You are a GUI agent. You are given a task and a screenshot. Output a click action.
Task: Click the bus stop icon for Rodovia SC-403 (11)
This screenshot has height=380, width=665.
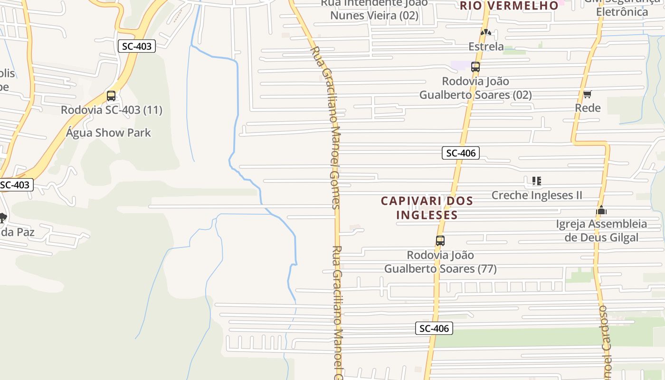111,96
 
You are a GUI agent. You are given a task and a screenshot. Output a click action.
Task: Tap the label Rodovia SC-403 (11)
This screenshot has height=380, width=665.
112,110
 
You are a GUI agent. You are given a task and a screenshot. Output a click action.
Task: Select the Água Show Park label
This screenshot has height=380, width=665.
108,133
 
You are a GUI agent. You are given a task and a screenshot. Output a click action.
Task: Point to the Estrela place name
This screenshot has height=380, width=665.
486,47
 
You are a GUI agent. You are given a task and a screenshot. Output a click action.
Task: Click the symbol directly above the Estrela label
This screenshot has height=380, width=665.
485,32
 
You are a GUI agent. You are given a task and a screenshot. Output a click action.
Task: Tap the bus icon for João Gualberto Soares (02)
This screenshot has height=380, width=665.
475,67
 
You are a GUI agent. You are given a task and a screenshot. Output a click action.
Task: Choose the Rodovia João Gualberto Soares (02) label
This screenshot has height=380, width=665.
475,88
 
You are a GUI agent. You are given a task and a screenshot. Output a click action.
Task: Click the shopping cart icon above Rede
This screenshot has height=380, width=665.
588,94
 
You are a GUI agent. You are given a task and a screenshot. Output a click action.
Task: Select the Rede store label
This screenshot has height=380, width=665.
588,108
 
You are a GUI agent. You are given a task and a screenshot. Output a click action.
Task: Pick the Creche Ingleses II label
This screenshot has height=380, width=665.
537,195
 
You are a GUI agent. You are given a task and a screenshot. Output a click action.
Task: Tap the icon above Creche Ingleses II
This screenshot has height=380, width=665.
537,181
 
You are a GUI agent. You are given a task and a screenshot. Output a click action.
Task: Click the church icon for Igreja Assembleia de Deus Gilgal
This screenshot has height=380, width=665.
601,210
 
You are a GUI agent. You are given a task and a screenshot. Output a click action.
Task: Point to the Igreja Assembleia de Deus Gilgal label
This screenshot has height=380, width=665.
601,230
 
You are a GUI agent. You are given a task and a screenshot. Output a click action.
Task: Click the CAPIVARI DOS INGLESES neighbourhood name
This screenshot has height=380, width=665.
427,208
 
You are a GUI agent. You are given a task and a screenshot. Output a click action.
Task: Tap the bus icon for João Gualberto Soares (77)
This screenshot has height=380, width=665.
440,241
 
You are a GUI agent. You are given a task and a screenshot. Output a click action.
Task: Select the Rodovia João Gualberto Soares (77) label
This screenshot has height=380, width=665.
440,262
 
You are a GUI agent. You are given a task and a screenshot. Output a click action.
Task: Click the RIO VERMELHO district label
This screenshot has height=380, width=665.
509,6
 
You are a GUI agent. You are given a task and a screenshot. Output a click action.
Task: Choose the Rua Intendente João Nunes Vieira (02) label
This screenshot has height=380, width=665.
374,9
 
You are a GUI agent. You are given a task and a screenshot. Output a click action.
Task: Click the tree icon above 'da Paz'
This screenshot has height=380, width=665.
2,218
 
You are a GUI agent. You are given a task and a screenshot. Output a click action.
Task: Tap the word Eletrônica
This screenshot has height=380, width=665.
622,12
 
